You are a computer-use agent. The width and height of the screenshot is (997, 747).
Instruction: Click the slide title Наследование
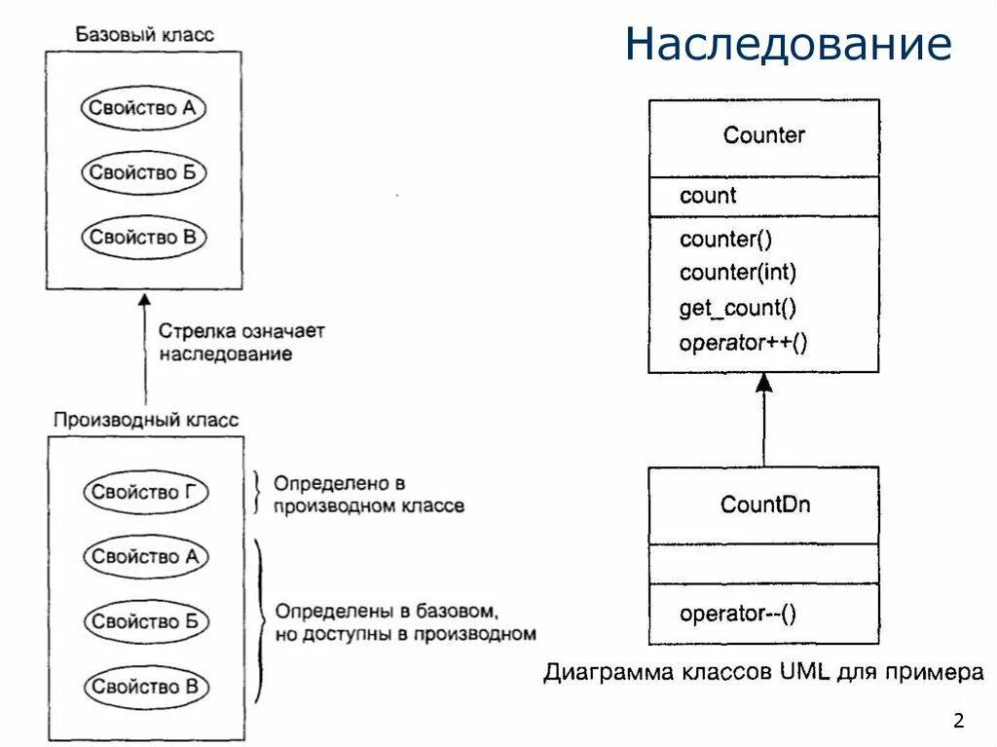[788, 45]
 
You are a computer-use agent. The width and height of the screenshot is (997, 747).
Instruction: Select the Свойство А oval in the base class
[143, 108]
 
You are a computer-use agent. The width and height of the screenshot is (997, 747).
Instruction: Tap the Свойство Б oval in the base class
[143, 173]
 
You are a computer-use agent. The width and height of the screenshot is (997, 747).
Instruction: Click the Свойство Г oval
[145, 493]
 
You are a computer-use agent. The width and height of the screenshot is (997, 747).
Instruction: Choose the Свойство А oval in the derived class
[145, 557]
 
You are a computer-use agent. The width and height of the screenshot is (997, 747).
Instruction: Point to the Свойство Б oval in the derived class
[145, 621]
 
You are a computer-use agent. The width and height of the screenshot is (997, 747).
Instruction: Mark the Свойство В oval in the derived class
[145, 687]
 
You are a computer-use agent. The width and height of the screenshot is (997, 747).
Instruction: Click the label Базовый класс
[144, 35]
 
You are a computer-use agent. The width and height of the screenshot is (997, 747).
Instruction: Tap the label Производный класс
[145, 421]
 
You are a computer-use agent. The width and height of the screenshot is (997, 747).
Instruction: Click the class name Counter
[764, 135]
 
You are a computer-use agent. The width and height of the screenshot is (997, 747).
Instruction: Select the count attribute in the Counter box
[708, 196]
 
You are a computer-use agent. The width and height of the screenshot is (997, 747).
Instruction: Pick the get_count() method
[738, 309]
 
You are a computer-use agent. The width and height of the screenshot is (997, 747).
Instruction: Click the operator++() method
[744, 343]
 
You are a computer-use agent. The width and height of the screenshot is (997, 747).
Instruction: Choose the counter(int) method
[738, 274]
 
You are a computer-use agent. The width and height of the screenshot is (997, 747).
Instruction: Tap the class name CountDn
[765, 504]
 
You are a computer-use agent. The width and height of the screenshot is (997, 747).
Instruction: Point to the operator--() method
[738, 614]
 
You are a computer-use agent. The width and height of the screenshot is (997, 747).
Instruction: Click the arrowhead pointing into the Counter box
[764, 383]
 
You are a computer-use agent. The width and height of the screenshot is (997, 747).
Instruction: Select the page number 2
[959, 722]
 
